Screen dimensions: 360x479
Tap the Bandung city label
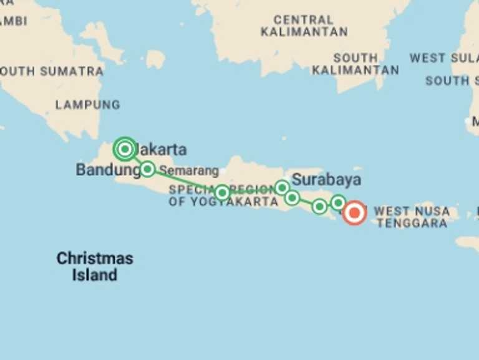107,169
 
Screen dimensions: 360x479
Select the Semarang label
188,171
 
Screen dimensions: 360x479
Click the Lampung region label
87,104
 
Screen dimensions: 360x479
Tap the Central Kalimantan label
304,26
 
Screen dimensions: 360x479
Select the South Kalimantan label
355,64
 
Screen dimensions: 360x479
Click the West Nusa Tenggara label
411,217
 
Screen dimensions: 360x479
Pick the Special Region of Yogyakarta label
223,196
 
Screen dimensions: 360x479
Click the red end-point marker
355,213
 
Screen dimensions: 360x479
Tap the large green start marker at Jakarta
125,149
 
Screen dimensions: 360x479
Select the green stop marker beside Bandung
147,169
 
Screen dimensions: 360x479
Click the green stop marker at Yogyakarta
222,192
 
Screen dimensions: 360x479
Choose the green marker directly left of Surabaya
282,187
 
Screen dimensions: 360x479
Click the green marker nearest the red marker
338,202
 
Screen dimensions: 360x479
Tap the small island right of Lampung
155,59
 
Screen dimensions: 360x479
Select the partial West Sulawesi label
443,58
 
